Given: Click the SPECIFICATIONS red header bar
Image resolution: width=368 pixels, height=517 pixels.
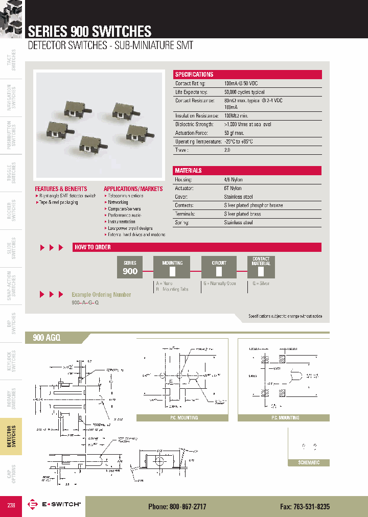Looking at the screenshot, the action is [x=248, y=75].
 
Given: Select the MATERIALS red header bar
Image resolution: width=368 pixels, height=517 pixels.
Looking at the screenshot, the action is [x=248, y=171].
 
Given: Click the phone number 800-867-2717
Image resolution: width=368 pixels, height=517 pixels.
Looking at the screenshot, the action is [x=177, y=506].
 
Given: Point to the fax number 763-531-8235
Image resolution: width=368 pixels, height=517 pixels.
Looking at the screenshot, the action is [x=305, y=506].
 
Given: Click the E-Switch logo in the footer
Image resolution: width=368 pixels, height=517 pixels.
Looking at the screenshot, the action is [x=54, y=504].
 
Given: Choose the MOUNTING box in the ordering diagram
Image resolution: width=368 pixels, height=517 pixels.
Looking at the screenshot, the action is [x=172, y=267].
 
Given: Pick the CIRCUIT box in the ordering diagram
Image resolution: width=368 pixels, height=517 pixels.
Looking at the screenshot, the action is [x=219, y=267].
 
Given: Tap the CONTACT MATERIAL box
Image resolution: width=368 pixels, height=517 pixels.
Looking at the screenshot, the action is [x=261, y=267].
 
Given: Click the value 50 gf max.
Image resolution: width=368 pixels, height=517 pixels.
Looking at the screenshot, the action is [x=235, y=133].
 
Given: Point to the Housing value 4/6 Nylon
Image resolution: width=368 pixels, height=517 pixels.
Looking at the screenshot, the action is [x=233, y=180].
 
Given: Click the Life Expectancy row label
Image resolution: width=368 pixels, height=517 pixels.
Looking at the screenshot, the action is [x=192, y=92].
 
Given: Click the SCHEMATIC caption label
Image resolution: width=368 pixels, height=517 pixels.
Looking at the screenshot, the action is [x=309, y=462].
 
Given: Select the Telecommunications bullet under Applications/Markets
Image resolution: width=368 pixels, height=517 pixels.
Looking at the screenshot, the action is [x=126, y=196].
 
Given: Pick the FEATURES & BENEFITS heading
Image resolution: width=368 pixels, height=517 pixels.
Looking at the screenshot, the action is [x=61, y=189].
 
